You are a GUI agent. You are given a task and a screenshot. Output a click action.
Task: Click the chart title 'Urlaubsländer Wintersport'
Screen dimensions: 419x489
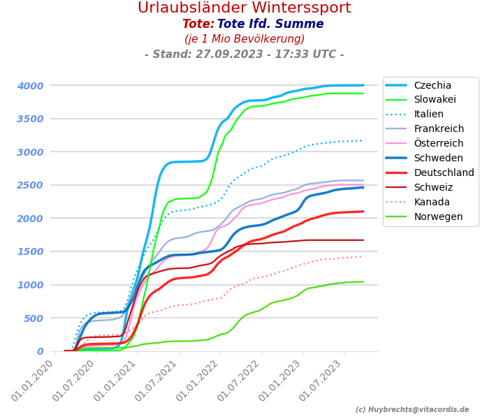click(x=244, y=8)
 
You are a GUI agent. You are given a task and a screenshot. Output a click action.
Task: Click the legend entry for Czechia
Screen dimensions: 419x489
click(x=432, y=85)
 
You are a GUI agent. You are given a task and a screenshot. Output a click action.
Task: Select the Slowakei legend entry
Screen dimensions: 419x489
click(x=435, y=100)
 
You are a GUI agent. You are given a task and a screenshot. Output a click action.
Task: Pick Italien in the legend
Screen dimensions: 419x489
click(x=428, y=115)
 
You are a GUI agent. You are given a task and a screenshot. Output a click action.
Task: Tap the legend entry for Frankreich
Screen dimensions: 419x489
click(x=439, y=129)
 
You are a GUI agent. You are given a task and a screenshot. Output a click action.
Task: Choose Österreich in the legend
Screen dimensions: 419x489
click(x=438, y=143)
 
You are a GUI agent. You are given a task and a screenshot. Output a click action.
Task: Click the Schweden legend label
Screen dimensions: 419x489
click(x=438, y=158)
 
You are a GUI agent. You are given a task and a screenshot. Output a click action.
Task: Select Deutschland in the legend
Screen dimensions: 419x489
click(x=444, y=172)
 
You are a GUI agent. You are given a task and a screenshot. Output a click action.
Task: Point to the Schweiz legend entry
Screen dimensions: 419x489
click(x=433, y=187)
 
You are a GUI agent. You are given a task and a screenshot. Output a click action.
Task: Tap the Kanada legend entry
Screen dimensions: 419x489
click(x=432, y=202)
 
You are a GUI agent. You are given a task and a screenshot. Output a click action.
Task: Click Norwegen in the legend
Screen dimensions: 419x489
click(x=438, y=216)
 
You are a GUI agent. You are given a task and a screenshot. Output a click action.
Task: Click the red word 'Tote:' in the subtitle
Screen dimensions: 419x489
click(x=198, y=24)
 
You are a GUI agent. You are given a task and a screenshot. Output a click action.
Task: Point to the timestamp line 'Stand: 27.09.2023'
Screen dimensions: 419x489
click(x=244, y=54)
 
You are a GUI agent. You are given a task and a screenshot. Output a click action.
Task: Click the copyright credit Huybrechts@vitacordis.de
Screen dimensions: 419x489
click(x=412, y=410)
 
